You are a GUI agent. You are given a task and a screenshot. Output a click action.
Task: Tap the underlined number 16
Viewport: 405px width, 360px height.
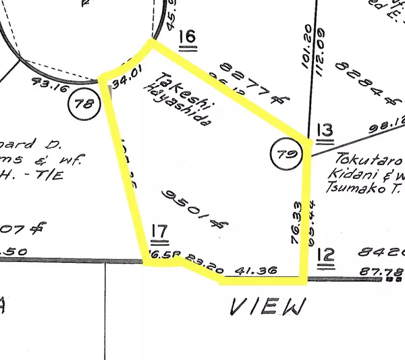coord(187,38)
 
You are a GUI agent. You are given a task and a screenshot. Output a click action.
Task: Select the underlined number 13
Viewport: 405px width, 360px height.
coord(325,129)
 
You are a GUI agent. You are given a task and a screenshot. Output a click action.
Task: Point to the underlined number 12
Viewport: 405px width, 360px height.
coord(325,255)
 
